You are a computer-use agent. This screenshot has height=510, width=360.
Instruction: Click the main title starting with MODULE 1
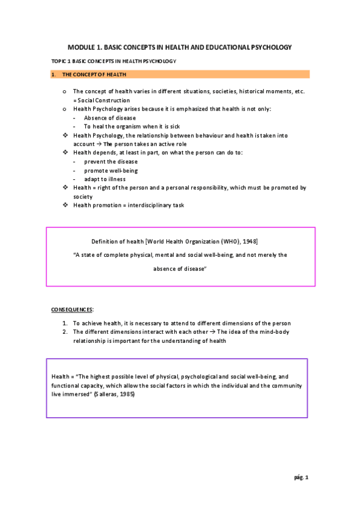[179, 46]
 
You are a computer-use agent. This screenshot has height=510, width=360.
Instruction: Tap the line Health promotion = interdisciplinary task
[129, 205]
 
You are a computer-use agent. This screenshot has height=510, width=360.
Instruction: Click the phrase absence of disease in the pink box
[180, 268]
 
